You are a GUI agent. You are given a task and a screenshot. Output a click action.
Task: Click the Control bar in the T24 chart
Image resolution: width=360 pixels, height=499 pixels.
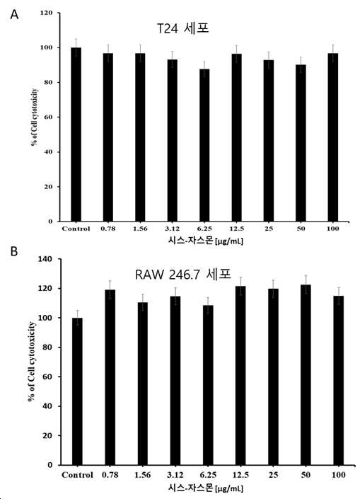76,134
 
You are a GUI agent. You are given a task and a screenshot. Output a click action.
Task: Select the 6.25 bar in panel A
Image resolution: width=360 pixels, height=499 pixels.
204,145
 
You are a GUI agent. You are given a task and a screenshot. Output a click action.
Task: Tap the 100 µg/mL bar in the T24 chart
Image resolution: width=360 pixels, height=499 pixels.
333,137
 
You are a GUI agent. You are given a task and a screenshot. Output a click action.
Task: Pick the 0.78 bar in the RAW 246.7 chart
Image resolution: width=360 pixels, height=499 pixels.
110,377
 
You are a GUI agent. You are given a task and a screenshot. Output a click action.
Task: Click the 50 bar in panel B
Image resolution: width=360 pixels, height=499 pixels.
306,374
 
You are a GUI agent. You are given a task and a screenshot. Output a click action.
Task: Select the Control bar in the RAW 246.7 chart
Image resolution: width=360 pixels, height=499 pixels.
77,391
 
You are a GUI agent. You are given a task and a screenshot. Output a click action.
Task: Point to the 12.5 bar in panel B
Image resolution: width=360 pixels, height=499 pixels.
240,376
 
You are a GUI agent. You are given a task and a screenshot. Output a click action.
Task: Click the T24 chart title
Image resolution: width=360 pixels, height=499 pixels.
183,28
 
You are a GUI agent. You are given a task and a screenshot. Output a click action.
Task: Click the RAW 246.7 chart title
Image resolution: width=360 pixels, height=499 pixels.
183,275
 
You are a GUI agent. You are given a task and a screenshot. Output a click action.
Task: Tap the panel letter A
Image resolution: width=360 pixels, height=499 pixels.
14,14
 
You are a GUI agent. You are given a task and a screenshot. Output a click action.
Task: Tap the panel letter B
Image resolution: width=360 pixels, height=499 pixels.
14,251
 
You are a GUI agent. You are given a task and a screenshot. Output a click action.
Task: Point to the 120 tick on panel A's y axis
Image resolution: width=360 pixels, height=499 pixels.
46,13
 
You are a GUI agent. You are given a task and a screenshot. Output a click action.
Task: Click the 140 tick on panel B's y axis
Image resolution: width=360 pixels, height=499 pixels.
45,259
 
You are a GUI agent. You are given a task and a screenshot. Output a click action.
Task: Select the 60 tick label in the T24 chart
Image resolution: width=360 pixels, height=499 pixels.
48,117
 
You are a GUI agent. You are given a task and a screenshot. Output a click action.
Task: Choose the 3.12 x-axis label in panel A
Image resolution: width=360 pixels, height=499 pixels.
172,229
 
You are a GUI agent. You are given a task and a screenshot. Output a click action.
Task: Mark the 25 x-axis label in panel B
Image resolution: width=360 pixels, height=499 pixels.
273,475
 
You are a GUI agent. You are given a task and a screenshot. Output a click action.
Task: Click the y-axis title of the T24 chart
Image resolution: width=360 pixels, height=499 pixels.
35,117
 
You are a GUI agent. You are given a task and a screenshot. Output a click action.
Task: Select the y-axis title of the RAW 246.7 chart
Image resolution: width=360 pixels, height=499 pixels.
32,362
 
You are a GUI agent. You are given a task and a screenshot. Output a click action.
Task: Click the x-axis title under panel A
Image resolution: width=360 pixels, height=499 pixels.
205,240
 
